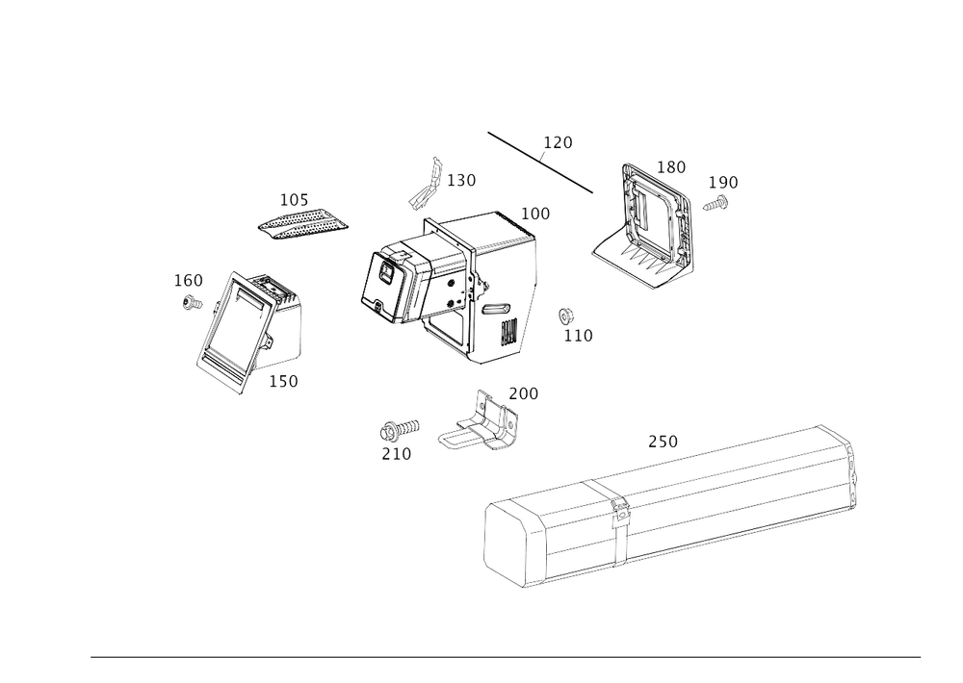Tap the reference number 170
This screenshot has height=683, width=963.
coord(558,143)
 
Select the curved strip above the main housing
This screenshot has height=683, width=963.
coord(427,184)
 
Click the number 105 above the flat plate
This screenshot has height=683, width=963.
coord(293,200)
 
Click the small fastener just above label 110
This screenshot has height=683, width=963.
coord(567,315)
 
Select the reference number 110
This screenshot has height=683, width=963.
coord(578,335)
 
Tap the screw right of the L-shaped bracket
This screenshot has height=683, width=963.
coord(714,202)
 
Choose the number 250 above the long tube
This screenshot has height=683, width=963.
coord(663,442)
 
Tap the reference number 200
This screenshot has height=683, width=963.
coord(525,393)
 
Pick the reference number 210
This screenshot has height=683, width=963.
coord(397,452)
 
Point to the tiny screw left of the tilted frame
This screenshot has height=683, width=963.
coord(191,302)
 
